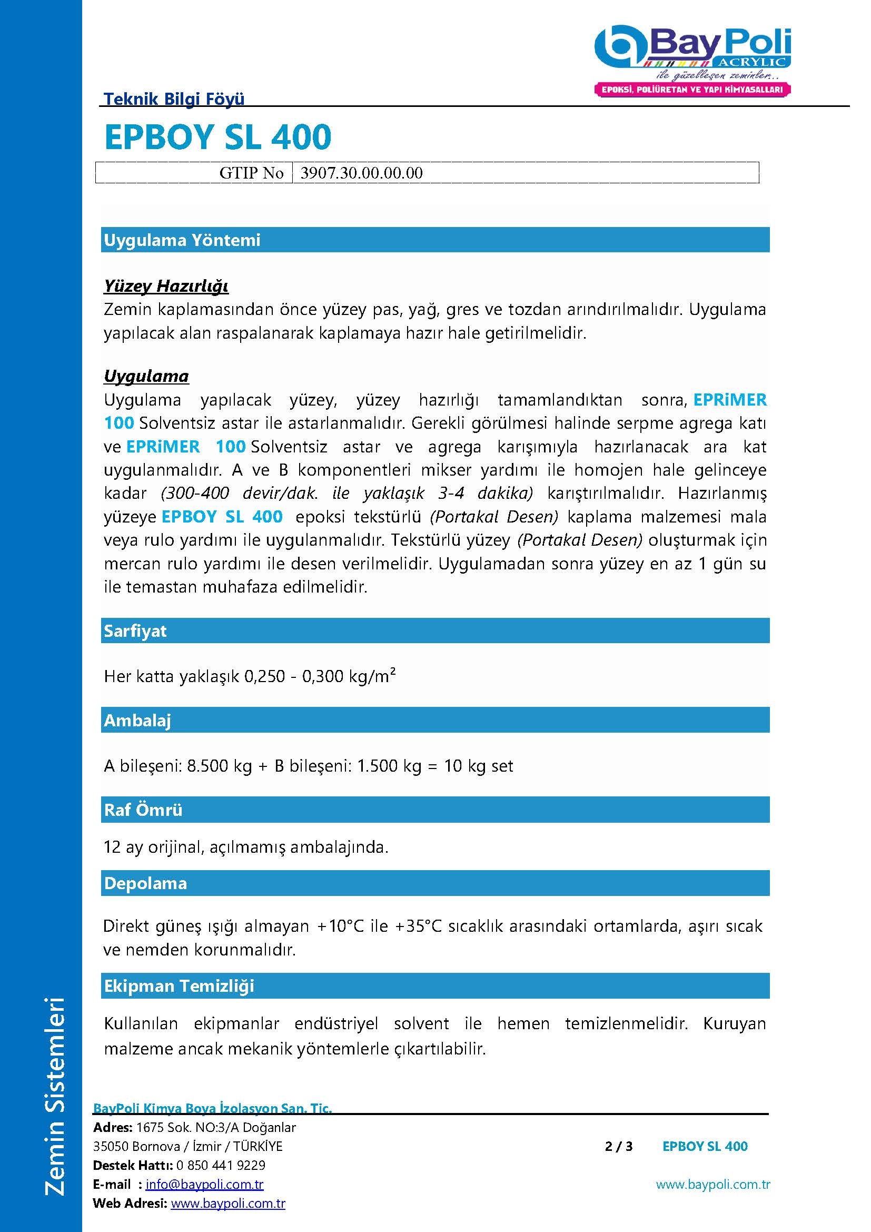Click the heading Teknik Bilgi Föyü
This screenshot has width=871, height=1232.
click(174, 98)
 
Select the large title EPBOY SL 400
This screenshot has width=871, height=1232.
click(218, 137)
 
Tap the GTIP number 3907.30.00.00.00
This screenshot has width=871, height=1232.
click(361, 173)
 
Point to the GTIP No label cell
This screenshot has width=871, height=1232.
click(251, 173)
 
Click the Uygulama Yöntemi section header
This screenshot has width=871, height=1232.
click(182, 240)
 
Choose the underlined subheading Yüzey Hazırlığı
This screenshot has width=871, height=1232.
click(166, 286)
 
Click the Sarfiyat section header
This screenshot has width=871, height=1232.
click(135, 630)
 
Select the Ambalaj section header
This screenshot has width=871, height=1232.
click(137, 720)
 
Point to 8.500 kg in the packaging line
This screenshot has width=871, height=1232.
click(220, 766)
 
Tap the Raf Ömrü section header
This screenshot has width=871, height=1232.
click(143, 810)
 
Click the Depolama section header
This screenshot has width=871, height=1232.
click(145, 883)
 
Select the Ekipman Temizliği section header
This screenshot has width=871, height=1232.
click(179, 985)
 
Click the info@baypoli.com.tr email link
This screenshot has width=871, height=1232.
click(204, 1184)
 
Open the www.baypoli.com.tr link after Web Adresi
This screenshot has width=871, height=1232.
click(228, 1204)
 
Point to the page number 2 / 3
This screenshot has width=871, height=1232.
click(618, 1146)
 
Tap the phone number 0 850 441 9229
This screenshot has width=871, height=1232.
click(221, 1165)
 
